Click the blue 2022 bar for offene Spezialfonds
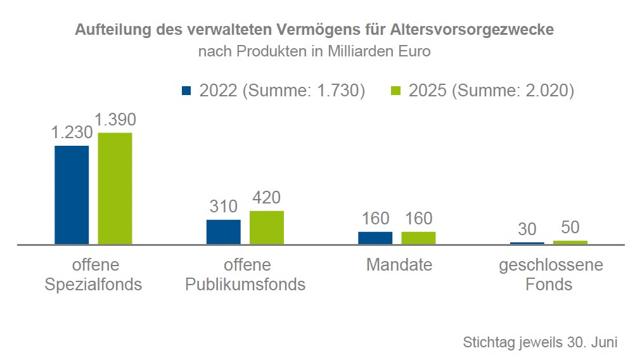tap(72, 195)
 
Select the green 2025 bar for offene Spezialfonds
tap(115, 188)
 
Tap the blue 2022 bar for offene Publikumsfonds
tap(223, 231)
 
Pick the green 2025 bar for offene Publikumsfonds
tap(266, 227)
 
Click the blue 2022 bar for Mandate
tap(375, 238)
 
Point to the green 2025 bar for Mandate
tap(418, 238)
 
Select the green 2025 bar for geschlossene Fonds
tap(570, 242)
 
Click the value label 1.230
tap(72, 132)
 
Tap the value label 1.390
tap(115, 119)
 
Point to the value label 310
tap(223, 207)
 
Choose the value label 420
tap(266, 198)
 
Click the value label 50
tap(570, 228)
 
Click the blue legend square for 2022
tap(186, 91)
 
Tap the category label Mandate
tap(399, 264)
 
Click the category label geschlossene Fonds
tap(550, 274)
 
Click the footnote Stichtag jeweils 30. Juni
tap(540, 342)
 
